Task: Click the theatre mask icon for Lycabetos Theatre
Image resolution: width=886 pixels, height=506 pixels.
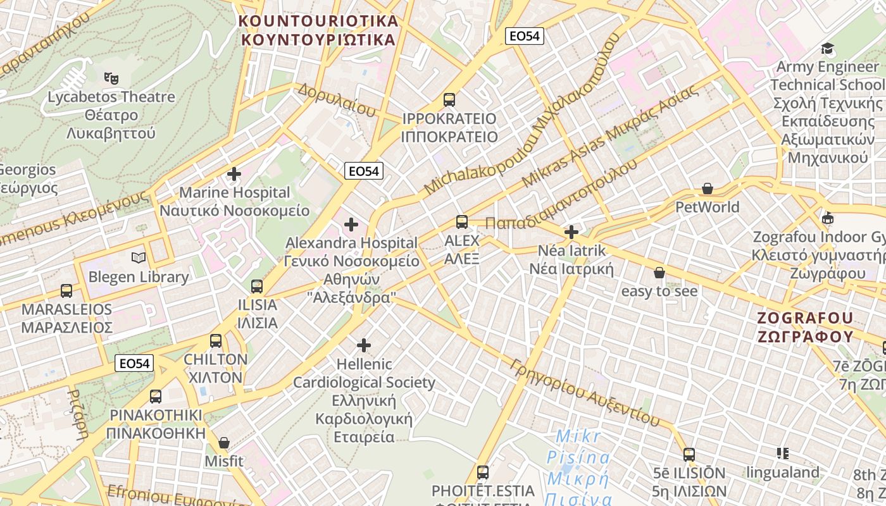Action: (x=111, y=78)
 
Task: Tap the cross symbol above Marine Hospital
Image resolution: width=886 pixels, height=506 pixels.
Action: (x=234, y=174)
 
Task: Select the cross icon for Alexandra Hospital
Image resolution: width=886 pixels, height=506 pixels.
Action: (x=351, y=224)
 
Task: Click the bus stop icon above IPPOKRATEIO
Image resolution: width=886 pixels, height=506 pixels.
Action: (x=449, y=99)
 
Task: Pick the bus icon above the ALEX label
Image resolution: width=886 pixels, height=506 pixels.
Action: (x=462, y=222)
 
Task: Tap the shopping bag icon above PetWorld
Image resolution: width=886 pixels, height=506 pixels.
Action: (x=708, y=188)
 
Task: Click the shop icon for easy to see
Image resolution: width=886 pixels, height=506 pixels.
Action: (x=659, y=273)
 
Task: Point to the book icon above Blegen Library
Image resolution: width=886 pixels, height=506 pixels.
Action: (x=139, y=258)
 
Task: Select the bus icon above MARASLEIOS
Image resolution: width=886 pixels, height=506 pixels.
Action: (x=66, y=291)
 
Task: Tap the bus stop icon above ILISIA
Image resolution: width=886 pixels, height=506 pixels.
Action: (x=257, y=287)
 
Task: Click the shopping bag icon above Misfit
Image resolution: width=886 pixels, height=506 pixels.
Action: (x=223, y=443)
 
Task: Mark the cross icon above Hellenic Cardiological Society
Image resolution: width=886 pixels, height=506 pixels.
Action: (x=364, y=345)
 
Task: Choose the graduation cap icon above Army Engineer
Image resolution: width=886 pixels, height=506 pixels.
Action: (x=827, y=49)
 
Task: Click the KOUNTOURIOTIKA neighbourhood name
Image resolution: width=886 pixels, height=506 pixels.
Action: (x=319, y=21)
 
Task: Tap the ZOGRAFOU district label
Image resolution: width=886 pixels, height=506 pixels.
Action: (x=806, y=318)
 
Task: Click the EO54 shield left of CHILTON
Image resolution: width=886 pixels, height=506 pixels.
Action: (x=135, y=363)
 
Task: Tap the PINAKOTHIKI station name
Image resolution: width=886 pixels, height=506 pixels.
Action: (x=156, y=415)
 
